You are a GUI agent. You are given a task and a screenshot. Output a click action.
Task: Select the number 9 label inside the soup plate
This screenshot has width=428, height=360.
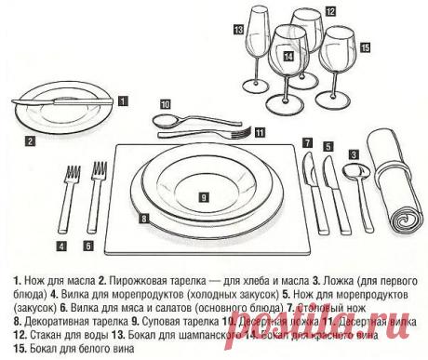click(202, 198)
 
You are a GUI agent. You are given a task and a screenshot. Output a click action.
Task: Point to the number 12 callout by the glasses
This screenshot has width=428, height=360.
click(330, 12)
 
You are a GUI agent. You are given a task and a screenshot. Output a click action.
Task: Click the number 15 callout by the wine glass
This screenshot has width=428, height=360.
click(364, 47)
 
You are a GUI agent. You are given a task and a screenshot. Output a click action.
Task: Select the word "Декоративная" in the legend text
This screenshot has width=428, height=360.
click(47, 317)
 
